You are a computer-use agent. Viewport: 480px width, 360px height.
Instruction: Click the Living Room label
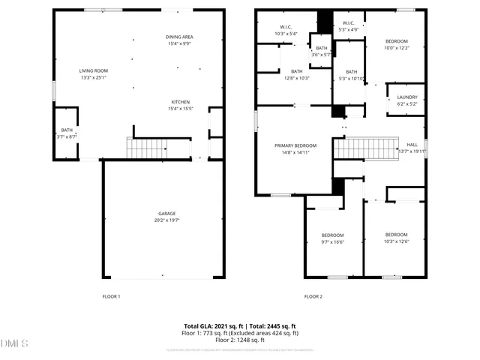pos(94,73)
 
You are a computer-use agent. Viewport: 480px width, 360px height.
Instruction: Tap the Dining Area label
pos(180,40)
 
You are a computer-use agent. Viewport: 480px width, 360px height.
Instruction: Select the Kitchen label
pos(180,105)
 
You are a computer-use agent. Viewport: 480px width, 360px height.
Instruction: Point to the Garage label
pos(166,217)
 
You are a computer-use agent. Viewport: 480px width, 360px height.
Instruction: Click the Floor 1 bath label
pos(67,133)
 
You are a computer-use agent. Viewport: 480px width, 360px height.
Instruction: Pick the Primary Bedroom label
pos(295,148)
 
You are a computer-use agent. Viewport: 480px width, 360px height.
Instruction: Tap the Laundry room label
pos(407,100)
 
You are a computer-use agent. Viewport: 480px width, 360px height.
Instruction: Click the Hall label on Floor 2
pos(412,147)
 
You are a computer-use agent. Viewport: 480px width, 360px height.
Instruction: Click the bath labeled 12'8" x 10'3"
pos(297,74)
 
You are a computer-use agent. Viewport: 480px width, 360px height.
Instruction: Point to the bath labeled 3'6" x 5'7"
pos(321,50)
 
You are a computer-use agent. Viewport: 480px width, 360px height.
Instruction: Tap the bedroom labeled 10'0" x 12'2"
pos(397,43)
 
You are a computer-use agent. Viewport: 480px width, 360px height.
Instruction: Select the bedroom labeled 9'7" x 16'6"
pos(332,238)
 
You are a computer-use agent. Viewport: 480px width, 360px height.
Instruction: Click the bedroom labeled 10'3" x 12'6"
pos(396,238)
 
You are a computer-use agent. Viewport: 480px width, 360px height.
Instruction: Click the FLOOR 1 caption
pos(111,296)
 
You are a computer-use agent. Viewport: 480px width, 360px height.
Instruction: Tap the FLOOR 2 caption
pos(313,296)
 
